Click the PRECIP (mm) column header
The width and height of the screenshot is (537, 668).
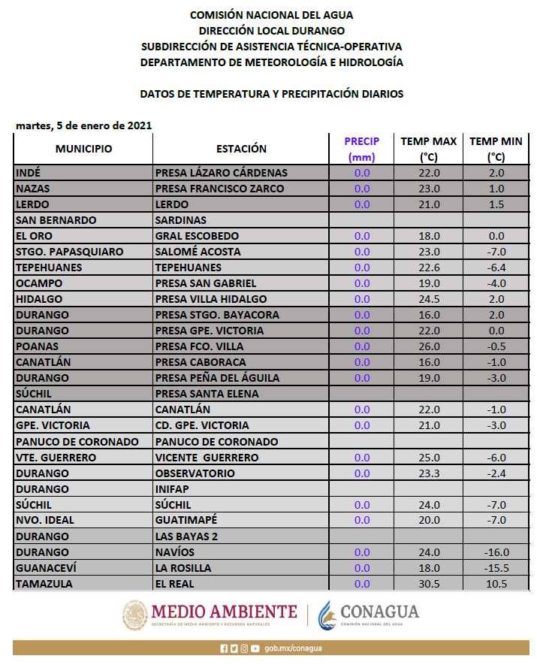362,149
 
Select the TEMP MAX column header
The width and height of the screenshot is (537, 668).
428,149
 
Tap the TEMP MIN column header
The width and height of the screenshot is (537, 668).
496,149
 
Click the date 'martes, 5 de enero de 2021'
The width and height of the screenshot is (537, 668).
83,125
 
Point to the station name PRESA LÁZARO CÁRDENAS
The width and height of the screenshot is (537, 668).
221,173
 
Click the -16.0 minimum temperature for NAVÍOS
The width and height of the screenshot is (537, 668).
496,552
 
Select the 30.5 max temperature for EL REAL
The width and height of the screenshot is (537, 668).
428,584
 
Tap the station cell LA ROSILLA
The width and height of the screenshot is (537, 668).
183,568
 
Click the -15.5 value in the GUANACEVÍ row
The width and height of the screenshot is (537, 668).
496,568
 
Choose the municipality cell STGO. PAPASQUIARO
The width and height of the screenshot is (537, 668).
69,252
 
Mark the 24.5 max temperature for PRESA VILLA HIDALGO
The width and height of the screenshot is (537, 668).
428,299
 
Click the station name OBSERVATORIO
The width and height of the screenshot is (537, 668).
195,473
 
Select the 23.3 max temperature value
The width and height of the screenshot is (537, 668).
428,473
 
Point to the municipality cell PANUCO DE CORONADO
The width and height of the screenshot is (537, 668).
77,442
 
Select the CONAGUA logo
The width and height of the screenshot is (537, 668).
368,612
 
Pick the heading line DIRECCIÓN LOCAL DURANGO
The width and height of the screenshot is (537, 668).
271,31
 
